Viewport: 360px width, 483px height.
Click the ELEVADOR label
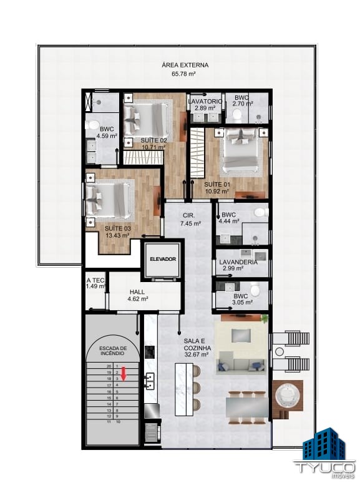coord(163,259)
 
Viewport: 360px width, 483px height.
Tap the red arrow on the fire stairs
coord(124,374)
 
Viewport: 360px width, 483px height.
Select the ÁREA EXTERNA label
coord(185,65)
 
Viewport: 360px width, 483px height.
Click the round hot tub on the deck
coord(286,396)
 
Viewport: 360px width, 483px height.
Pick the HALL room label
coord(137,291)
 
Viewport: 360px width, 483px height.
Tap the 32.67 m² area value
coord(196,354)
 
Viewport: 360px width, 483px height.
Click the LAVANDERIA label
coord(238,262)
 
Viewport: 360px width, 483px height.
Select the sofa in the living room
coord(241,366)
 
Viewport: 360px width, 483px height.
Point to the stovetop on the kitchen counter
coord(150,352)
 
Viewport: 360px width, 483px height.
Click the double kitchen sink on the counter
coord(150,381)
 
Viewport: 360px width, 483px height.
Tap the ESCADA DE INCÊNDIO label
coord(113,351)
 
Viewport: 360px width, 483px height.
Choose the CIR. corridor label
coord(189,215)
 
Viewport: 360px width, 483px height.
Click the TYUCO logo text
coord(324,466)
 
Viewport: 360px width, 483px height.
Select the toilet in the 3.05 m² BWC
coord(255,290)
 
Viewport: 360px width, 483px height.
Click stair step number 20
coord(109,366)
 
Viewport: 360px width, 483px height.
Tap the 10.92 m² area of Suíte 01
coord(216,191)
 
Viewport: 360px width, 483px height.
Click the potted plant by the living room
coord(265,318)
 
